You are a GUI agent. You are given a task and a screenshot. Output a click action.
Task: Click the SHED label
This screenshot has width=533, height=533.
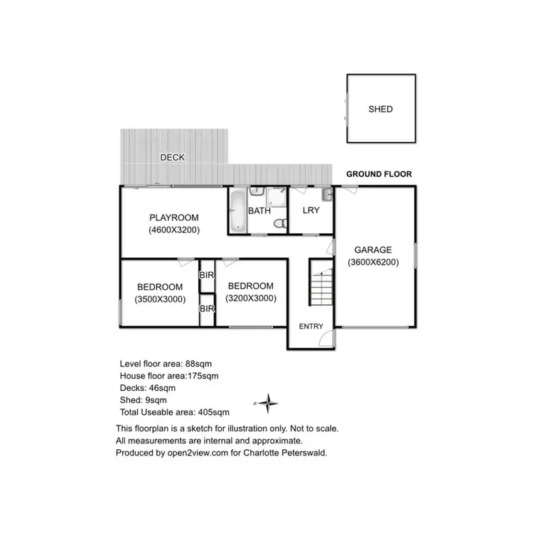pos(380,109)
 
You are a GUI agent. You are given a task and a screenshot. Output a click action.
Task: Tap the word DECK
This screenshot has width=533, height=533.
pos(172,157)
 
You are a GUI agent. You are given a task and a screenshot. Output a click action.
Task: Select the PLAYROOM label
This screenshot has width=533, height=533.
pos(173,217)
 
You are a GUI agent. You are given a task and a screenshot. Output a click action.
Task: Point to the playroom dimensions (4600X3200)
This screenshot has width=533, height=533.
pos(173,230)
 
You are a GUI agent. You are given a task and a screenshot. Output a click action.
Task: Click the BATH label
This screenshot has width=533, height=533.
pos(258,211)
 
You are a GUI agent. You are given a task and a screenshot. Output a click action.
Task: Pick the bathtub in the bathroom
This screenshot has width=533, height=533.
pos(237,210)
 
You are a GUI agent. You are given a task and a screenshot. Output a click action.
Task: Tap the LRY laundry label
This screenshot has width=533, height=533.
pos(311,211)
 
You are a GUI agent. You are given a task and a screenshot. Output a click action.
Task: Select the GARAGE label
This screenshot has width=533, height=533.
pos(373,249)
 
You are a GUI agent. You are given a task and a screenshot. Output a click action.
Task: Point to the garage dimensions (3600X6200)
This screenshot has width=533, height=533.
pos(373,262)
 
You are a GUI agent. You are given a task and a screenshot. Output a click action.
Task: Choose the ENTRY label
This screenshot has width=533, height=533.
pos(311,327)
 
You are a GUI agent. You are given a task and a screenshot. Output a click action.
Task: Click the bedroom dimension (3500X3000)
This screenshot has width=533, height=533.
pos(160,299)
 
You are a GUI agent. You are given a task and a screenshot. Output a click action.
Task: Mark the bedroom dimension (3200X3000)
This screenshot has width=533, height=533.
pos(251,298)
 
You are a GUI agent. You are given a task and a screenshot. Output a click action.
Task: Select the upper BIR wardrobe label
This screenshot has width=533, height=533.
pos(207,275)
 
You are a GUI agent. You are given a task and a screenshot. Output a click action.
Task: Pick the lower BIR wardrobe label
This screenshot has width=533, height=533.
pos(207,309)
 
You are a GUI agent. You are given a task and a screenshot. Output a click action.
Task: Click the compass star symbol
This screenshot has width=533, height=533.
pos(268,404)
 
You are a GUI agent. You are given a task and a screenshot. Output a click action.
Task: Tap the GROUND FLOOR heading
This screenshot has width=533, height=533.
pos(379,174)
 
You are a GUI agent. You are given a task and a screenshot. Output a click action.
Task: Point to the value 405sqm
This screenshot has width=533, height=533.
pos(214,412)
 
